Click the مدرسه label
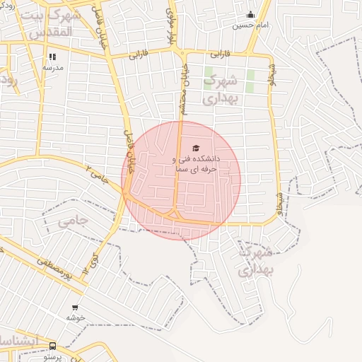pyautogui.click(x=54, y=67)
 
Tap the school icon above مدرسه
pyautogui.click(x=52, y=57)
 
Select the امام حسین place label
pyautogui.click(x=251, y=25)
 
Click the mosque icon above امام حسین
pyautogui.click(x=250, y=15)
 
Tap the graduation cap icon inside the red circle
pyautogui.click(x=196, y=148)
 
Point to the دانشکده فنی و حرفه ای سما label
pyautogui.click(x=196, y=164)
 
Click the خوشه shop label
pyautogui.click(x=76, y=317)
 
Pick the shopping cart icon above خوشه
pyautogui.click(x=75, y=308)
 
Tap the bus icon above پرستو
pyautogui.click(x=52, y=346)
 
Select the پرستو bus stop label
pyautogui.click(x=54, y=357)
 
